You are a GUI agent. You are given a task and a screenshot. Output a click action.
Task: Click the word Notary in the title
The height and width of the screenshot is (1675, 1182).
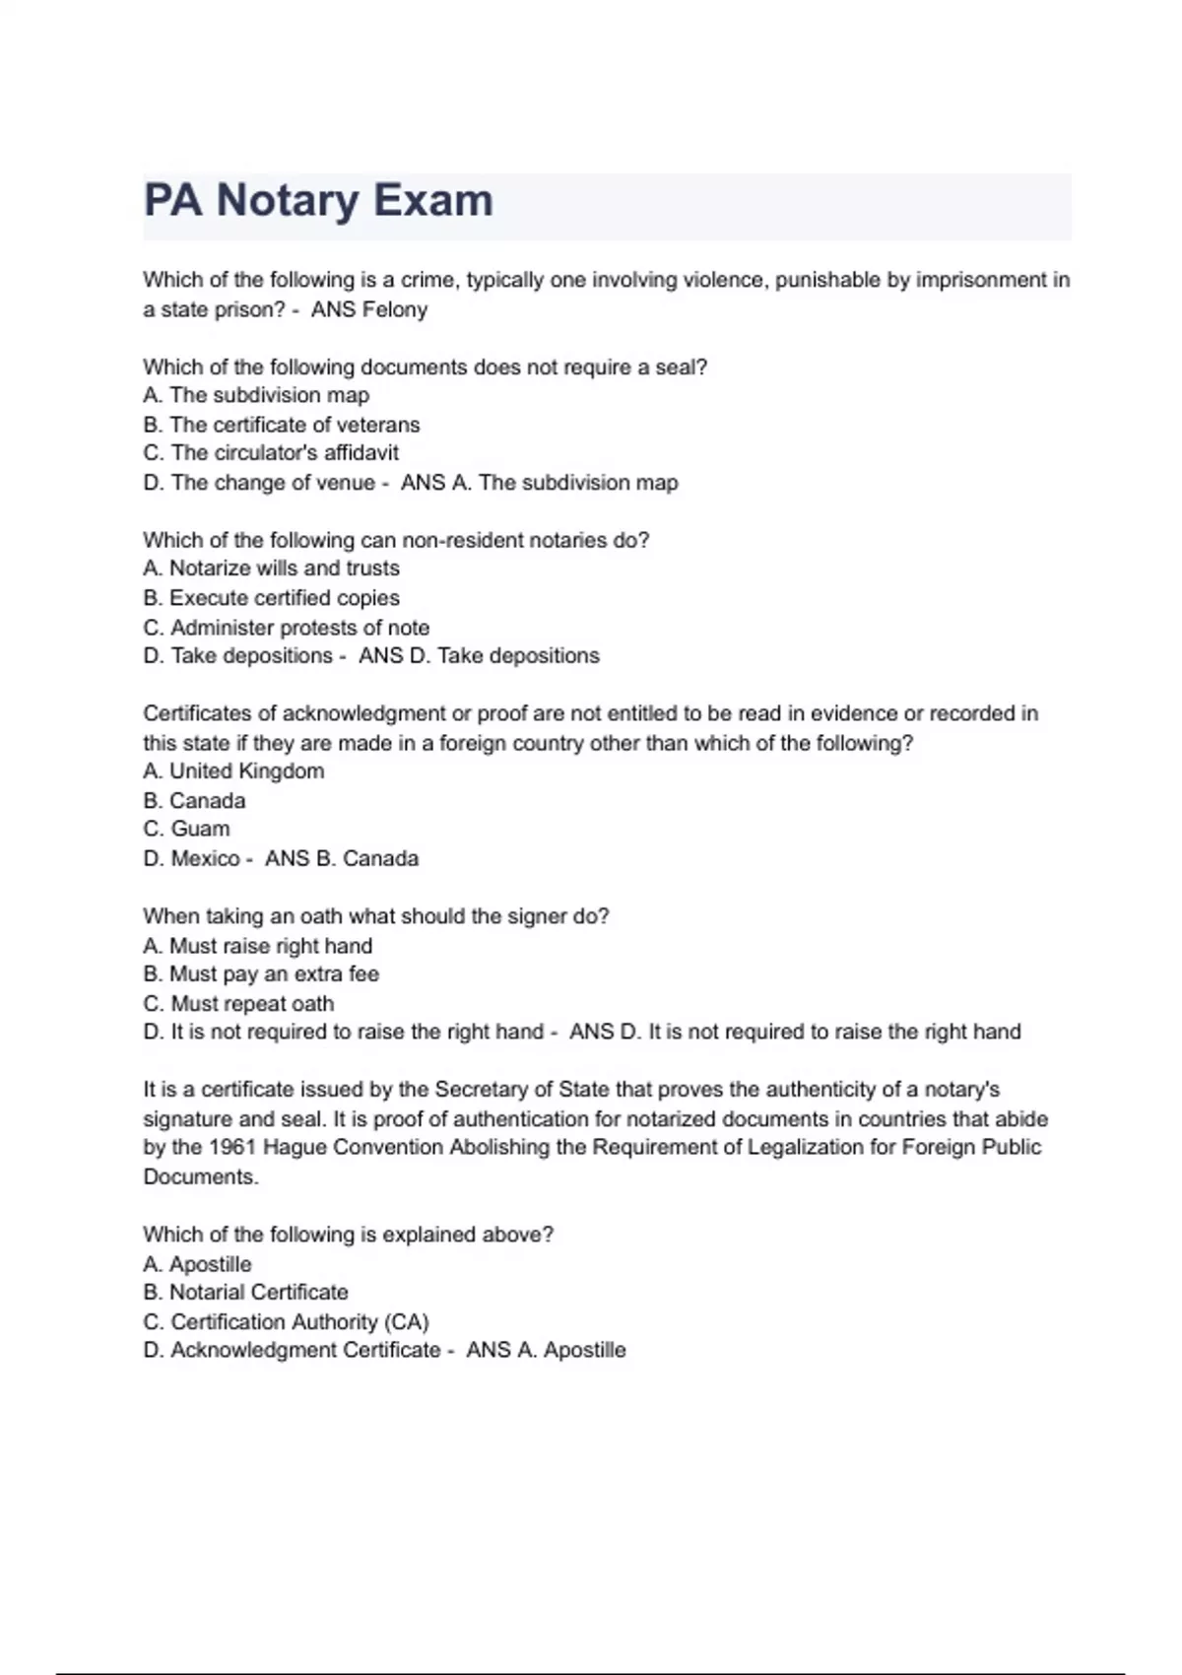(288, 201)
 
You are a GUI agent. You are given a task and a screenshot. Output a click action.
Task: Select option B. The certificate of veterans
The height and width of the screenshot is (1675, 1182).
(282, 425)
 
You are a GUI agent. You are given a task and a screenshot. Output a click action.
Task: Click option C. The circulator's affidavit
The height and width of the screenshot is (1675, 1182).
(271, 453)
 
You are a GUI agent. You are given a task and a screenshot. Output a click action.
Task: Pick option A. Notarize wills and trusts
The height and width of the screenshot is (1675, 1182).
(271, 569)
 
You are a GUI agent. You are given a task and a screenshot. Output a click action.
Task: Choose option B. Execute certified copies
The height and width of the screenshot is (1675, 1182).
(271, 598)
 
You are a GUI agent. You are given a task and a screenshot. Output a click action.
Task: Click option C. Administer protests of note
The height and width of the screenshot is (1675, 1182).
(286, 628)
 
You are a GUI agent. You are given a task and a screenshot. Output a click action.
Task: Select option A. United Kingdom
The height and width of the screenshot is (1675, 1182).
(233, 771)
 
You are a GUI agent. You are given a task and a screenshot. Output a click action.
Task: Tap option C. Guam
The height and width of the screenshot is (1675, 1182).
(186, 830)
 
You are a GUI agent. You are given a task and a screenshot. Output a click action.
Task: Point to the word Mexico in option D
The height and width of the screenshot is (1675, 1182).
(205, 859)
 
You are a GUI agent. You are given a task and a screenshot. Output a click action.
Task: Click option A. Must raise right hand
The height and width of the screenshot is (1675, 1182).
(258, 946)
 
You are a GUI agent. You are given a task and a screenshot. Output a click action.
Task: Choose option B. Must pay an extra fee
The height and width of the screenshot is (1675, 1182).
(261, 974)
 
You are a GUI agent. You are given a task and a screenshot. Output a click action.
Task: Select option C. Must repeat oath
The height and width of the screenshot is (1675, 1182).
(238, 1004)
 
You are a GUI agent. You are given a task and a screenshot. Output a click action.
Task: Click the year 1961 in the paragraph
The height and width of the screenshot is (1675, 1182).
(232, 1148)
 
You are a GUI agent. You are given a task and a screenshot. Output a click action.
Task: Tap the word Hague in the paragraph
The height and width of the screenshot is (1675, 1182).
(293, 1148)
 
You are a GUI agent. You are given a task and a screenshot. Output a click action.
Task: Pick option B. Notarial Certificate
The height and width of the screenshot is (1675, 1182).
(245, 1293)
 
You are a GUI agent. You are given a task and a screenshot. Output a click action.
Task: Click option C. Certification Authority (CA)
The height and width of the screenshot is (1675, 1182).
(286, 1322)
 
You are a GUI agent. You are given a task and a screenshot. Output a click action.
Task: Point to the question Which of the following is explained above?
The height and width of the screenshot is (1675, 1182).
(348, 1235)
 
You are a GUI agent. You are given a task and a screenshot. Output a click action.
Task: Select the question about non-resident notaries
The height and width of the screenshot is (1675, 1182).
(396, 540)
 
